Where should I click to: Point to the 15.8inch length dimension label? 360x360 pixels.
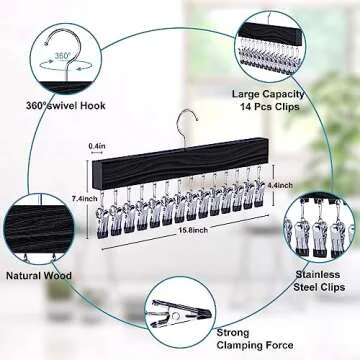193,231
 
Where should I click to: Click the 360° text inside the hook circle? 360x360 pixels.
61,56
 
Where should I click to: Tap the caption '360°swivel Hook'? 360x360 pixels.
66,106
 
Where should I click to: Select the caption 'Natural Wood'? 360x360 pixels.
39,276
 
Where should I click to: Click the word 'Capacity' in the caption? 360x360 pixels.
283,94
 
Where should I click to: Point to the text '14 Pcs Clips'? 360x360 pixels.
269,107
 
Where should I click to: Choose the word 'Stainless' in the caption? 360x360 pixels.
313,274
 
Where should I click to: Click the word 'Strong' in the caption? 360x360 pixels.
233,332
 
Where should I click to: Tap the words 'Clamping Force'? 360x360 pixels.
255,345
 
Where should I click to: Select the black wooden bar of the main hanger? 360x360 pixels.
180,163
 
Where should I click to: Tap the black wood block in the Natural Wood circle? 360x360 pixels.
40,228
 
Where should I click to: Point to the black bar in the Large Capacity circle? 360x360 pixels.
271,33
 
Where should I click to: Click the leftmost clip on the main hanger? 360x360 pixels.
103,217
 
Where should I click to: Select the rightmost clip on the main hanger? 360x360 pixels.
259,187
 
